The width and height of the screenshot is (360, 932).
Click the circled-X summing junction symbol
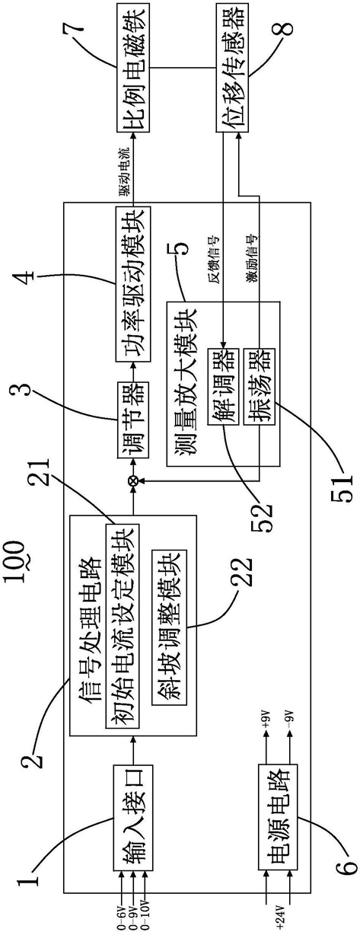pos(133,481)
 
